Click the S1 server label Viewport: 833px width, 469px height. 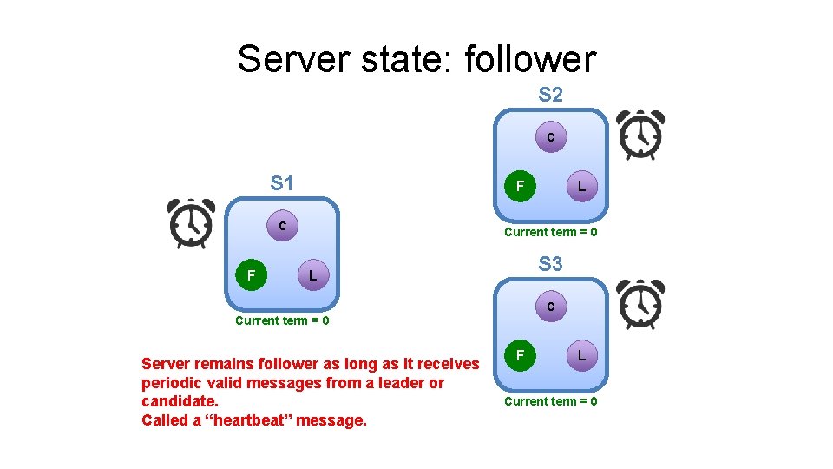point(282,183)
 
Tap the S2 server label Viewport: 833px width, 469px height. point(550,94)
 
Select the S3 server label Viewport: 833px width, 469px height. point(550,263)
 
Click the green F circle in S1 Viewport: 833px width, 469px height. point(251,275)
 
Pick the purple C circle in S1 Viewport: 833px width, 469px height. point(282,226)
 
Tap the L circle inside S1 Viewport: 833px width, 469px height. point(312,275)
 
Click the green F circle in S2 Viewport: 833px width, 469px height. point(520,186)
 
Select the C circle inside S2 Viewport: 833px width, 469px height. point(550,137)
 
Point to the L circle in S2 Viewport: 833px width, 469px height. point(581,186)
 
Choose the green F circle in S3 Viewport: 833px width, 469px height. point(520,355)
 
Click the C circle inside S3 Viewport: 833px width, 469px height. point(550,307)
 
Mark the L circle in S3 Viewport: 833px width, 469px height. point(581,355)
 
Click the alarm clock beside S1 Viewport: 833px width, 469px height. point(191,223)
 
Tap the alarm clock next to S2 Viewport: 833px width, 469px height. point(640,135)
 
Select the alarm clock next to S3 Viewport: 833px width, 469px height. point(640,304)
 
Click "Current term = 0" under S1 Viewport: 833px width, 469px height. point(282,320)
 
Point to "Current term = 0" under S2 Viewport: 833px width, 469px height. point(550,232)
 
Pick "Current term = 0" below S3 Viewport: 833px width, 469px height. point(550,401)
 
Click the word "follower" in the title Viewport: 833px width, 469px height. point(530,59)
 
